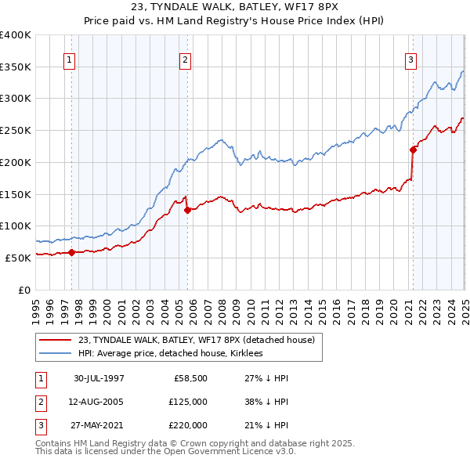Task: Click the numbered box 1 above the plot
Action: [x=69, y=60]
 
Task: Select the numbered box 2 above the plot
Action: [x=185, y=60]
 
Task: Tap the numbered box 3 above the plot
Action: [x=410, y=60]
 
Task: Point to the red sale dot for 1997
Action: [x=71, y=252]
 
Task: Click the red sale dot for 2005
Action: [x=187, y=210]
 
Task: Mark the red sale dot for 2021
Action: [x=413, y=149]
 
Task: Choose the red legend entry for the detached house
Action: [x=196, y=340]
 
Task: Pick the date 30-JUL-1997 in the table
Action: [x=99, y=378]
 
